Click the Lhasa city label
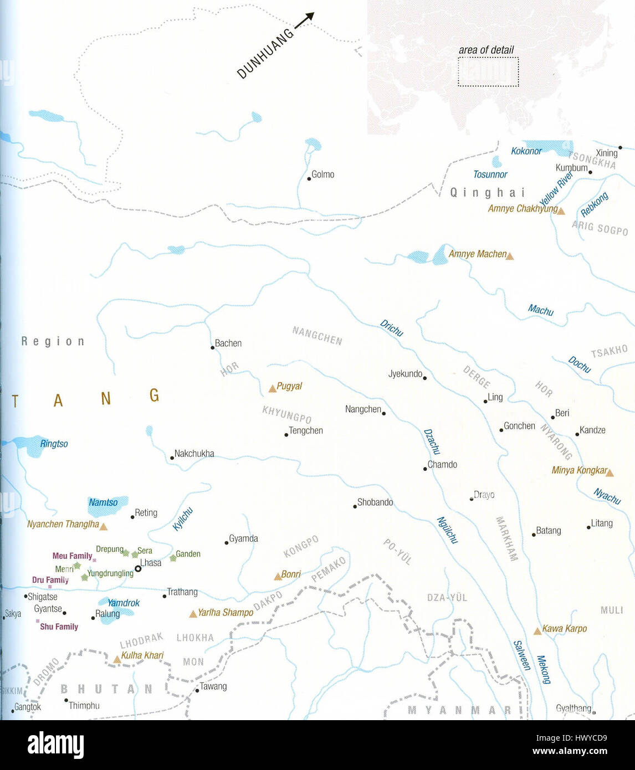tap(151, 563)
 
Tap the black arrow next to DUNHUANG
tap(304, 20)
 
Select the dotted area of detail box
tap(488, 72)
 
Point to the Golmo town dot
tap(309, 178)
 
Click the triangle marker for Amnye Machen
tap(510, 256)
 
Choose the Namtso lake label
tap(103, 502)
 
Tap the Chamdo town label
tap(442, 464)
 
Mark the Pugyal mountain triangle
tap(272, 389)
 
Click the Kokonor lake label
tap(526, 151)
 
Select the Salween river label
tap(521, 655)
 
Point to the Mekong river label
tap(544, 669)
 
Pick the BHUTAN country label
tap(106, 689)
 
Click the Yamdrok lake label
tap(123, 603)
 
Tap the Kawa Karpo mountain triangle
tap(537, 631)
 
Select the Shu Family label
tap(59, 627)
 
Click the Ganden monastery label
tap(188, 554)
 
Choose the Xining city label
tap(606, 153)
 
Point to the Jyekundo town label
tap(405, 374)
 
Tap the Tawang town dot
tap(197, 691)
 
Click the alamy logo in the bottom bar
tap(55, 745)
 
